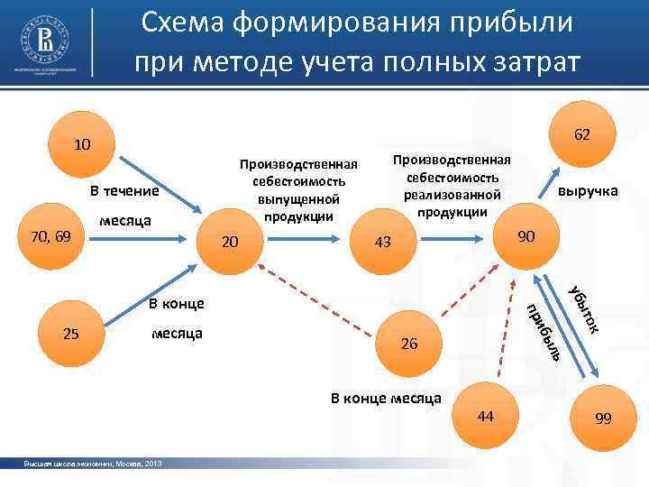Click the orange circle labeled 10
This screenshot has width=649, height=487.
81,145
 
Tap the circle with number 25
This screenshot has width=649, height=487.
73,334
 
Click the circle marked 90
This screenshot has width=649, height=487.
527,236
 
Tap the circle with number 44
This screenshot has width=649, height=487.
487,414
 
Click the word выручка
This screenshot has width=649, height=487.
588,191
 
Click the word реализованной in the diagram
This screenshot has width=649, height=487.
452,195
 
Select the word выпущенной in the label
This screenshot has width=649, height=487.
297,198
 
